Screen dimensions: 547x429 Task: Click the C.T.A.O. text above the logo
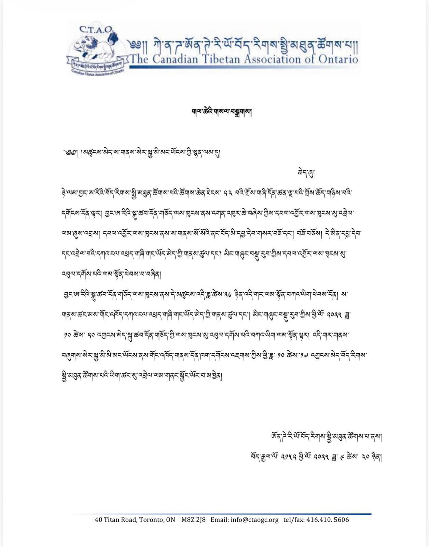[96, 29]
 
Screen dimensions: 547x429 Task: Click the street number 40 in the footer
[98, 520]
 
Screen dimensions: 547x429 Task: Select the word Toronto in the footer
[151, 520]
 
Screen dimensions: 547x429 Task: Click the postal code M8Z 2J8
[193, 520]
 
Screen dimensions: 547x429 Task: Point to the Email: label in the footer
[220, 520]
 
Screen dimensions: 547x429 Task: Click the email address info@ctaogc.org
[254, 520]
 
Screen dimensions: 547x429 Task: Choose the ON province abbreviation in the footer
[170, 520]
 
